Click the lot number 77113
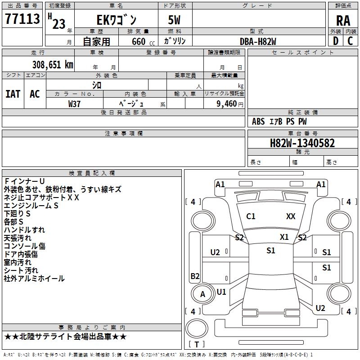coord(22,19)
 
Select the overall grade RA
coord(343,20)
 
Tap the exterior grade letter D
coord(335,40)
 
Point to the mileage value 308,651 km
coord(53,65)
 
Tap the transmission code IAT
coord(13,94)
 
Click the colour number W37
coord(74,103)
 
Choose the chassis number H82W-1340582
coord(302,143)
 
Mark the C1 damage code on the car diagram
coord(251,216)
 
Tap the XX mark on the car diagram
coord(291,216)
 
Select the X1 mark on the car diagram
coord(284,237)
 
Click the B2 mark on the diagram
coord(195,276)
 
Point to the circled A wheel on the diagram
coord(202,294)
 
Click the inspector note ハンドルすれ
coord(24,229)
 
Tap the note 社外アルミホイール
coord(34,279)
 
